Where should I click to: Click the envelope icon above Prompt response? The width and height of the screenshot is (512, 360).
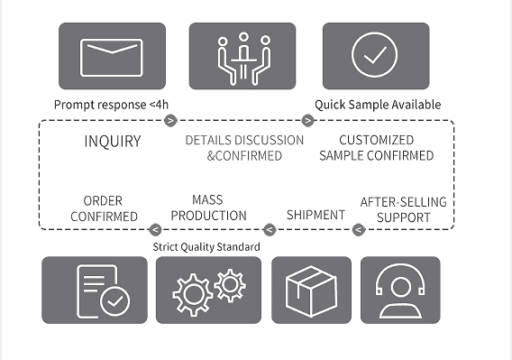(112, 58)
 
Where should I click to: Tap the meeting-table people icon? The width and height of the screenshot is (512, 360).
(243, 59)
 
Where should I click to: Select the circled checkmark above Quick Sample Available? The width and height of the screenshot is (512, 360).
(374, 55)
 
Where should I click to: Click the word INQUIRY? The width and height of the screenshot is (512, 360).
(113, 142)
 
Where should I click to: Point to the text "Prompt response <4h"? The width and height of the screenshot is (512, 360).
(112, 105)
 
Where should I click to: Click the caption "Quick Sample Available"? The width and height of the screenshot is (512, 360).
(378, 105)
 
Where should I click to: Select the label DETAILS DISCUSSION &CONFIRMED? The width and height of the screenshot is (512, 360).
(244, 148)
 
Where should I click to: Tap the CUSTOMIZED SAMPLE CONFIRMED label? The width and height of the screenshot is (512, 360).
(377, 148)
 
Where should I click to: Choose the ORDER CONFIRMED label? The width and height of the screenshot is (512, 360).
(104, 208)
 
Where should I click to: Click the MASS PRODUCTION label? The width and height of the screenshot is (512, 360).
(208, 208)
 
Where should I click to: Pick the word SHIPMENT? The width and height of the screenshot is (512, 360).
(315, 215)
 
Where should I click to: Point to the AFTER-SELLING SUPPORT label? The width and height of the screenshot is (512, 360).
(404, 209)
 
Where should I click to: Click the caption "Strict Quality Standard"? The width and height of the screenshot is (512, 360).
(206, 246)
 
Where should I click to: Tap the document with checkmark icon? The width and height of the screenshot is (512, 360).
(103, 291)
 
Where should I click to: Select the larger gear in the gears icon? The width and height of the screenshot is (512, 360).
(193, 294)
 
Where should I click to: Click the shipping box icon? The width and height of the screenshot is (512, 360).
(311, 291)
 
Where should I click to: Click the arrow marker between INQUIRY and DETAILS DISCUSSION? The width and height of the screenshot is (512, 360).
(170, 120)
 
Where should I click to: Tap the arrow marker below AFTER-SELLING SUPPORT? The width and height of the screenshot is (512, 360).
(359, 229)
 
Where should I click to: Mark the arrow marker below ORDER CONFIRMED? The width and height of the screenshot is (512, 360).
(155, 229)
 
